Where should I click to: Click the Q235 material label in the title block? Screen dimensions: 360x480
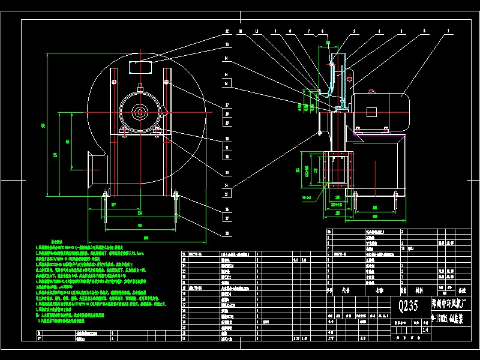(410, 306)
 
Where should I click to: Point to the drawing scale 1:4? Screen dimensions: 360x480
(426, 328)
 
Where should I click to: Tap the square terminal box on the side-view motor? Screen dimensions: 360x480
(371, 112)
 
